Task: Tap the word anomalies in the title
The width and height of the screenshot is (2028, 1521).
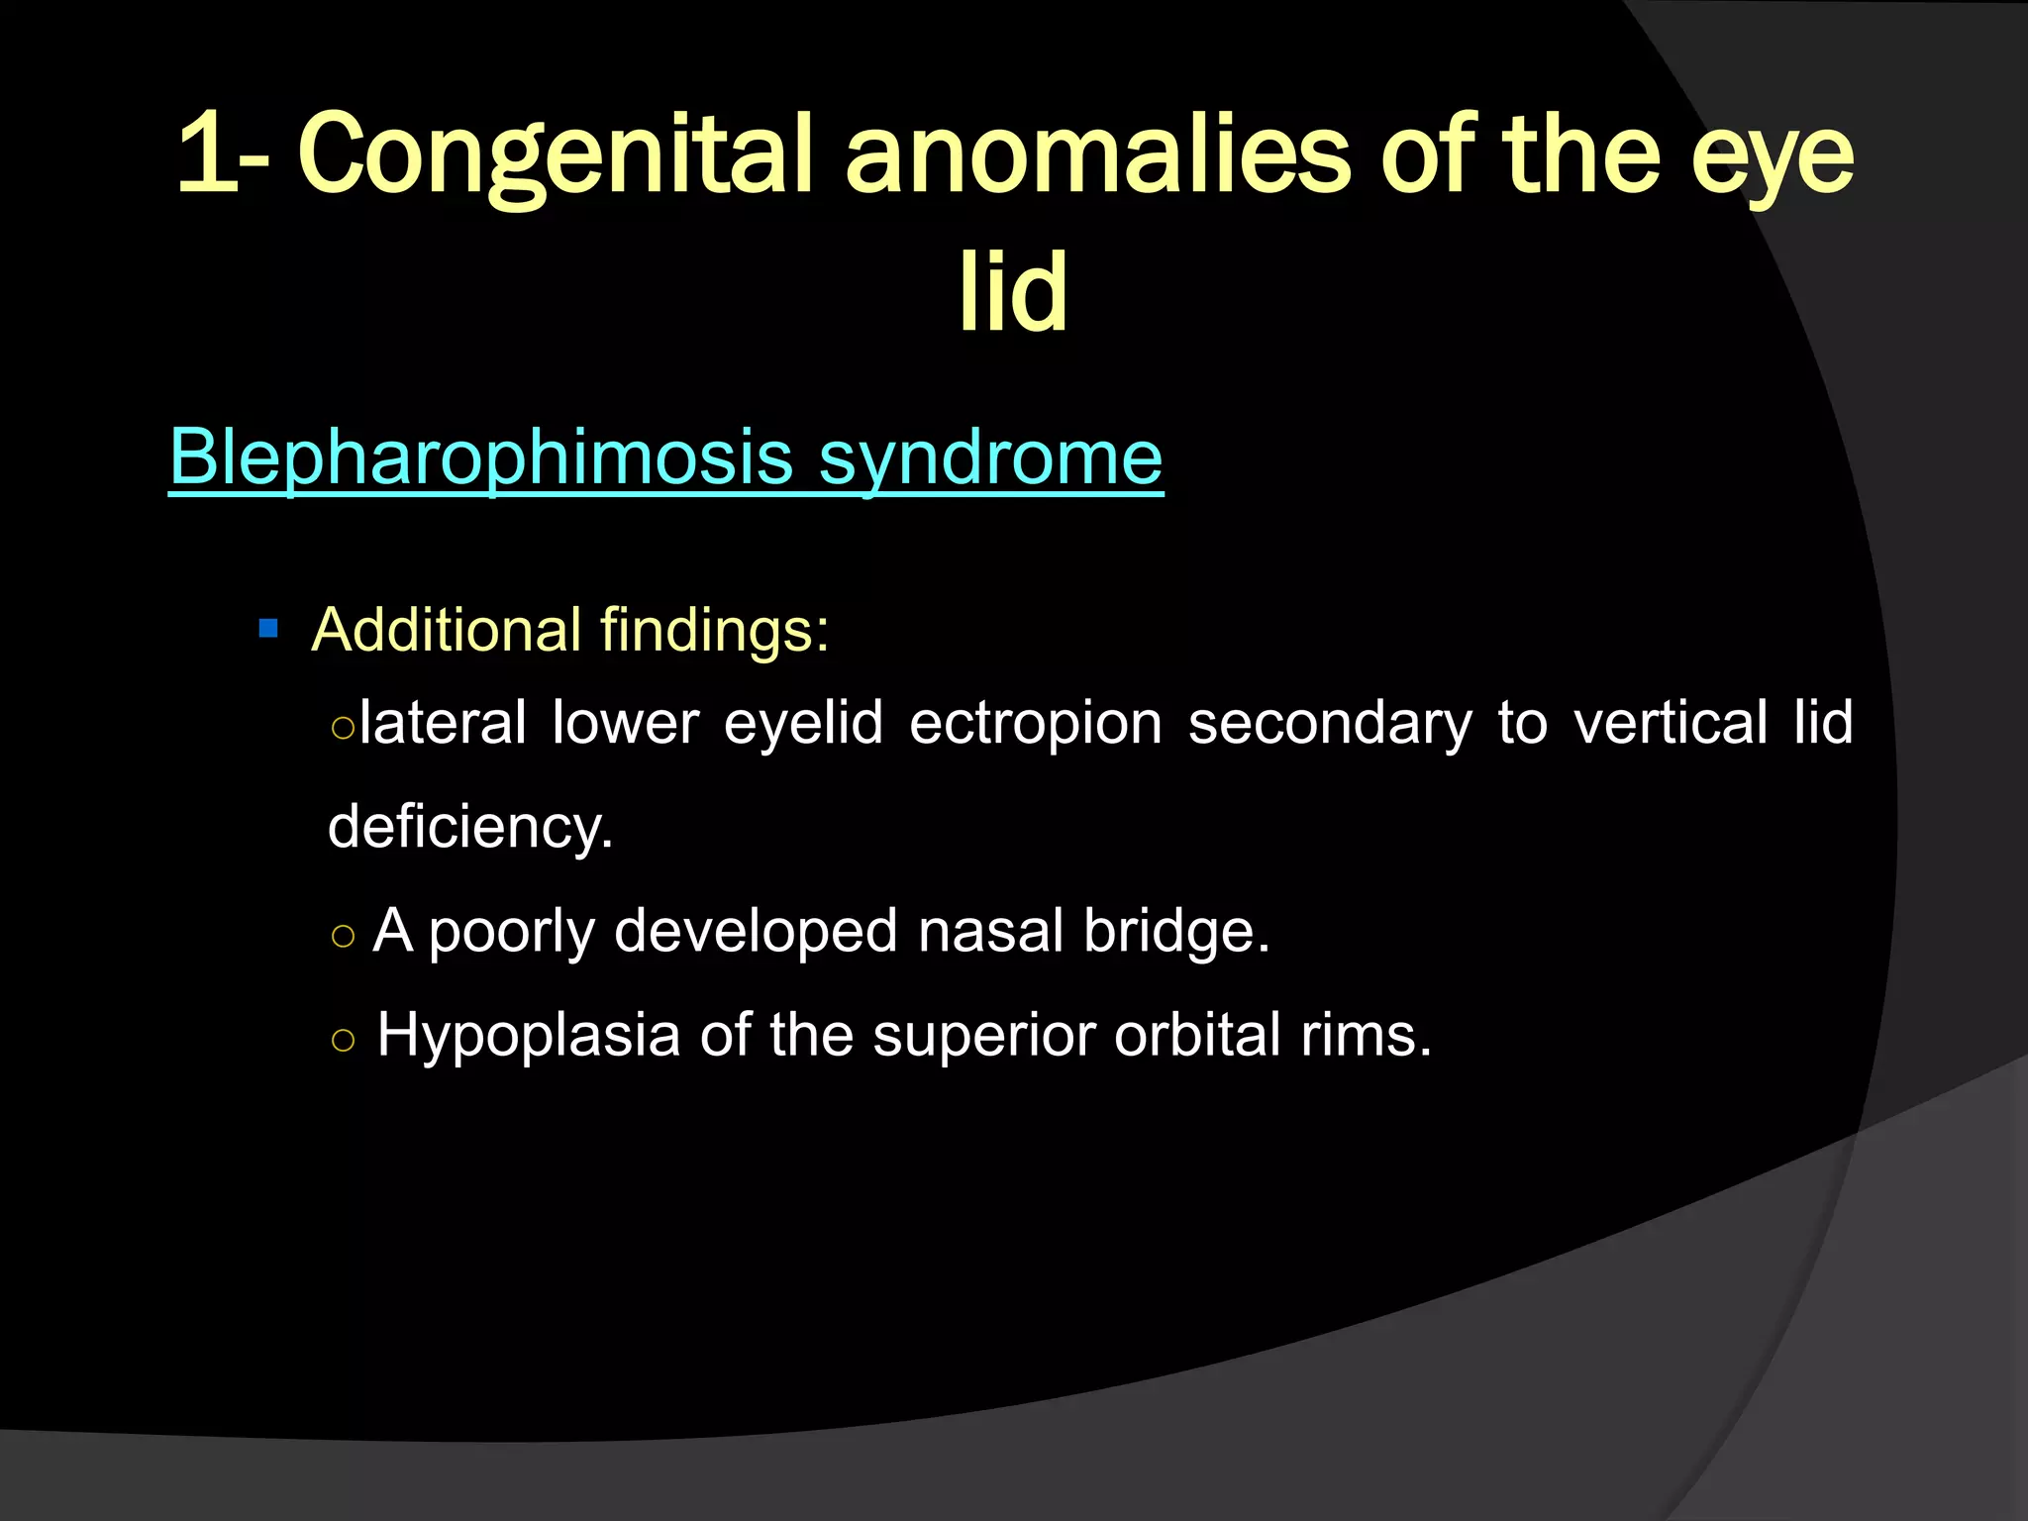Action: click(1097, 154)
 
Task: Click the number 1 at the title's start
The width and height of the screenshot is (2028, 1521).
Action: click(206, 154)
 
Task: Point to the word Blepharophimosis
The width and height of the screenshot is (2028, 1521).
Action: click(481, 457)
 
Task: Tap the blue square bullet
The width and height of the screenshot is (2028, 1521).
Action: click(267, 629)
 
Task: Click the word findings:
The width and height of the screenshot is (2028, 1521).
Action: click(714, 631)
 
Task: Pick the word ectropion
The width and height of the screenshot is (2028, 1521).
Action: click(1036, 723)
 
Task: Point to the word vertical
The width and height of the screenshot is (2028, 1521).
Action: click(1670, 722)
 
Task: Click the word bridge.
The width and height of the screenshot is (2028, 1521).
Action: click(1175, 933)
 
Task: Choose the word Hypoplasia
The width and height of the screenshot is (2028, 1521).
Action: click(529, 1036)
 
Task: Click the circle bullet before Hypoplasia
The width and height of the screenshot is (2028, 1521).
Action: click(343, 1040)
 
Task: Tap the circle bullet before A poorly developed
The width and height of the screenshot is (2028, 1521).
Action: click(343, 936)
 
